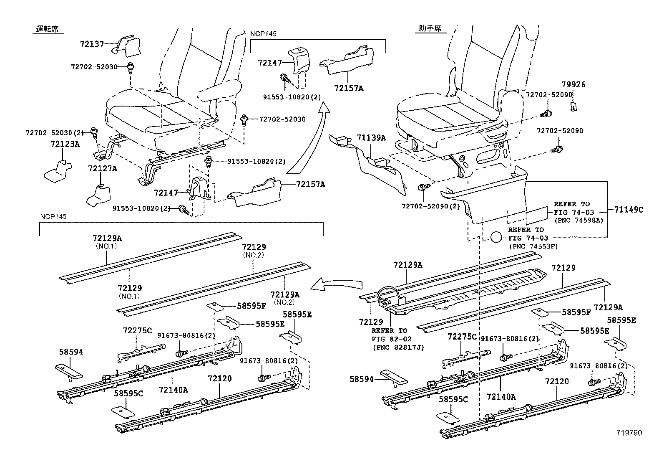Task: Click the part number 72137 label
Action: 92,43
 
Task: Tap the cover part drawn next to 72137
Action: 127,46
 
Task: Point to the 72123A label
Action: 65,144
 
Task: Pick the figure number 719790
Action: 630,433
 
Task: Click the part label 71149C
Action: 629,210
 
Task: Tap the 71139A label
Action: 371,138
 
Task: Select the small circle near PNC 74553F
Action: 496,237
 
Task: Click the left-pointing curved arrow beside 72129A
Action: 334,285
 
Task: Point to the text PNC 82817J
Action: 398,347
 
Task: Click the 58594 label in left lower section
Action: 70,352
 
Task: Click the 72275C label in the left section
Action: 137,330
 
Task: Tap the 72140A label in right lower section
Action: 501,396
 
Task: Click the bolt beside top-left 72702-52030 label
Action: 130,68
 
